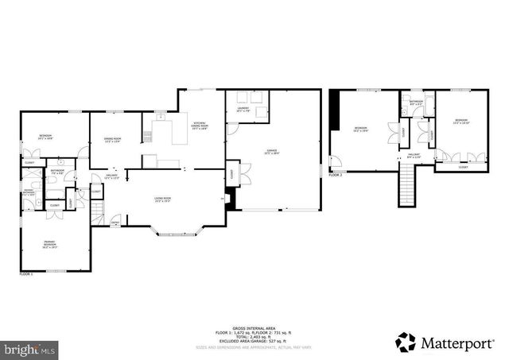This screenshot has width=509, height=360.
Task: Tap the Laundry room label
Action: pos(243,110)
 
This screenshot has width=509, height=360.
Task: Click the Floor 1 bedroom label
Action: pos(45,137)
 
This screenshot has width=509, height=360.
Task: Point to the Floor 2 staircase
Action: pos(407,189)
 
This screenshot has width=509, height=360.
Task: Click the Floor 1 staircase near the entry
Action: pos(97,212)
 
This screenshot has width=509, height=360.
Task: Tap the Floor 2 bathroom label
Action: pos(416,103)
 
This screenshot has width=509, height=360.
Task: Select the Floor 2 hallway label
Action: pos(414,156)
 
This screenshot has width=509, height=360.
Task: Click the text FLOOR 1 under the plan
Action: pos(26,273)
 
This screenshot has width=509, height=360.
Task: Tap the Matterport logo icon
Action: pos(406,342)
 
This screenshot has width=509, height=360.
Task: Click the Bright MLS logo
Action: pos(30,348)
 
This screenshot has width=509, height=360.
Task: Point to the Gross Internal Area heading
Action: pos(254,327)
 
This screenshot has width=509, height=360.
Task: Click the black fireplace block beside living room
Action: pos(230,199)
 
